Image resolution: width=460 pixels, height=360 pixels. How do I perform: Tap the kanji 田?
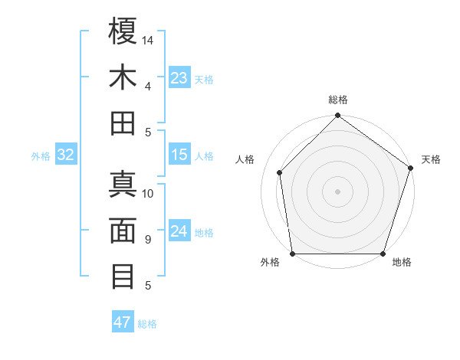(x=123, y=123)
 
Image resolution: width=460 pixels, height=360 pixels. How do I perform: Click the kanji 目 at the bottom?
(x=123, y=276)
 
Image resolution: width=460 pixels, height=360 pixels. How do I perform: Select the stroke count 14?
(x=148, y=39)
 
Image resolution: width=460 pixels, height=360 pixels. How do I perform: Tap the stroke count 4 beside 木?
(x=147, y=86)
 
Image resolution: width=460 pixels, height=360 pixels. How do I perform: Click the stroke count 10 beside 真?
(x=148, y=193)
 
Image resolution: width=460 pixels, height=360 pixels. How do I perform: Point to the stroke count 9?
(x=147, y=240)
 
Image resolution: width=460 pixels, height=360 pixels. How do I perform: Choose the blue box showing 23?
(x=179, y=78)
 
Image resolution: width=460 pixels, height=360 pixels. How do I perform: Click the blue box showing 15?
(x=179, y=155)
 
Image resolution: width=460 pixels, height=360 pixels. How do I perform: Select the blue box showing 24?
(x=179, y=231)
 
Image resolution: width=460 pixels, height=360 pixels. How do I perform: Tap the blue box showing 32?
(x=66, y=155)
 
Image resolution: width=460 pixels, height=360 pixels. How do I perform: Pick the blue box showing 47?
(x=123, y=322)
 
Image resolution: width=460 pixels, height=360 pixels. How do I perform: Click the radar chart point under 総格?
(x=337, y=116)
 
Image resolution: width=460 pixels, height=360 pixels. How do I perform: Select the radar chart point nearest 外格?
(x=292, y=254)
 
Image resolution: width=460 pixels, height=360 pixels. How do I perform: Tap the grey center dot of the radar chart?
(x=337, y=191)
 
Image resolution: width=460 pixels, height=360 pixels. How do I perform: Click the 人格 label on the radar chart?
(x=245, y=159)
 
